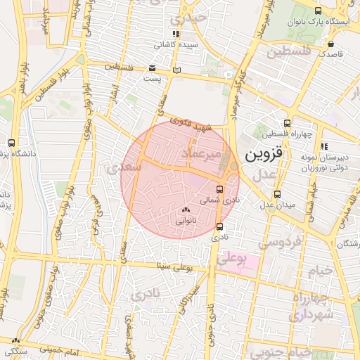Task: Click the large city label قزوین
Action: pos(262,155)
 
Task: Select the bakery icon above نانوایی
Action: pos(186,210)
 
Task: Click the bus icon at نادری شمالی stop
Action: pos(220,189)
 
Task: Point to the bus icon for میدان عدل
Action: pos(277,194)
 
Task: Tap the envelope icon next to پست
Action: pos(153,68)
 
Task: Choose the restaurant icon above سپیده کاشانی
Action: pos(176,34)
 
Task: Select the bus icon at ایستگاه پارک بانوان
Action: pos(319,11)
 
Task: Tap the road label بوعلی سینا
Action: pos(172,266)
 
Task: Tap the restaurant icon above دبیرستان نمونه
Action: pos(324,146)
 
